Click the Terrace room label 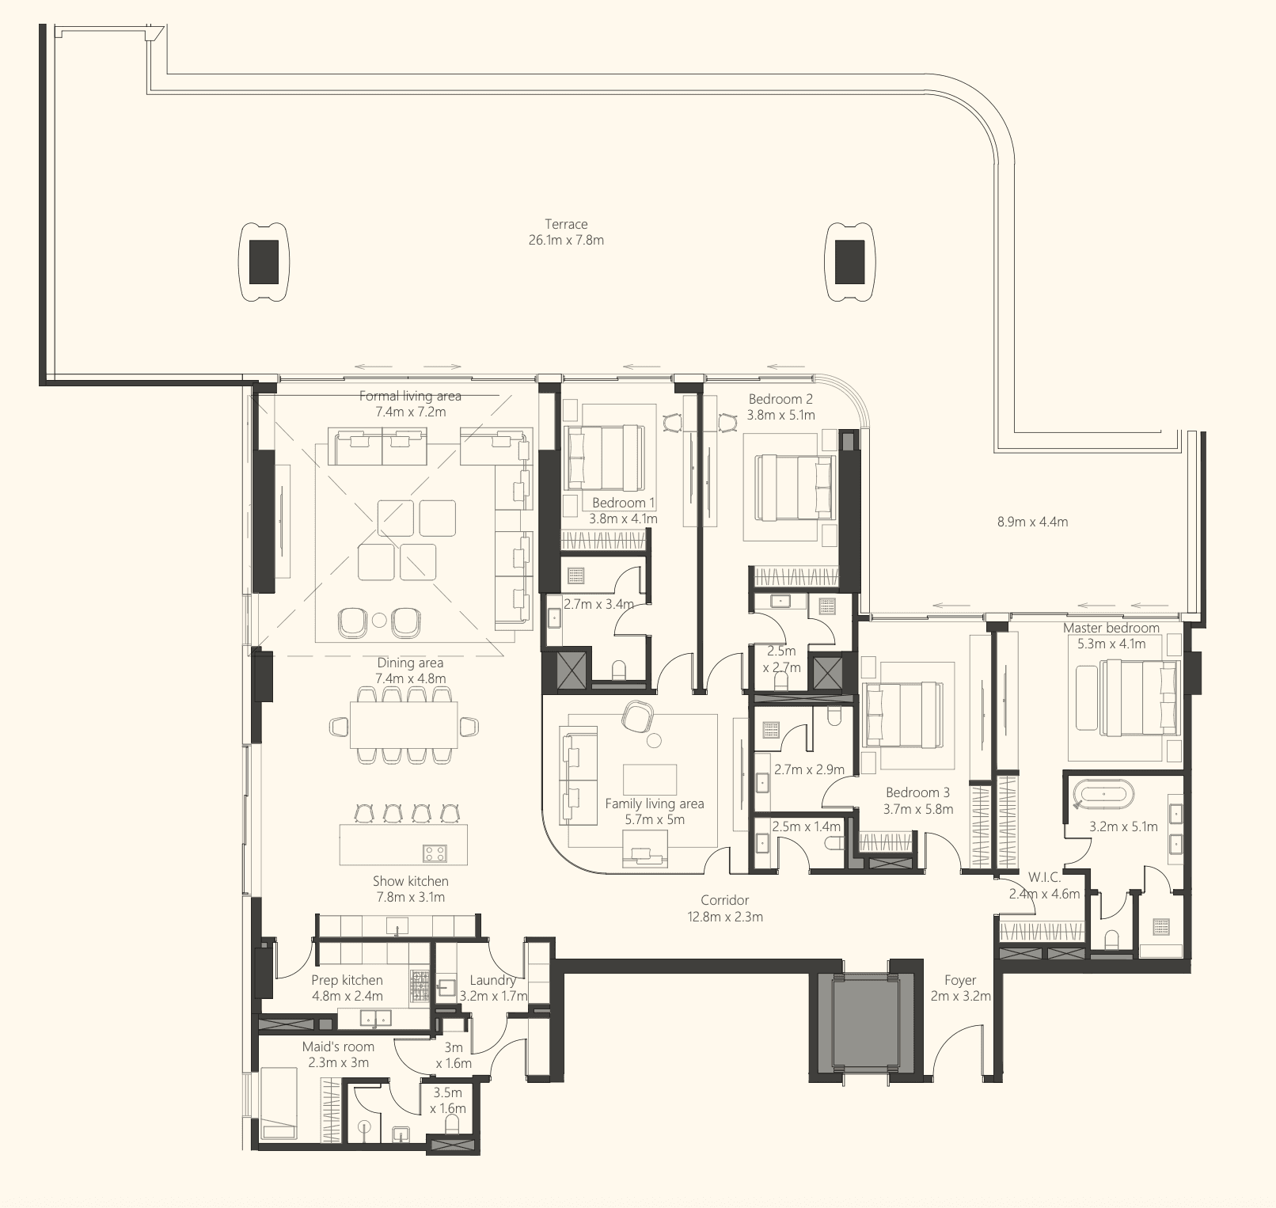[x=566, y=224]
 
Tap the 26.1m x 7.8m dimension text [x=566, y=240]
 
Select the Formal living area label [x=410, y=396]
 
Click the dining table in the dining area [x=404, y=725]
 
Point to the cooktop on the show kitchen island [x=434, y=853]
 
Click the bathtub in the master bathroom [x=1103, y=793]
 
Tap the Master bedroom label [x=1111, y=628]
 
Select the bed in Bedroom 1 [x=603, y=458]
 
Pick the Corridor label [x=724, y=900]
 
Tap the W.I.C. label [x=1044, y=878]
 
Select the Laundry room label [x=492, y=980]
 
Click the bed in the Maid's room [x=279, y=1103]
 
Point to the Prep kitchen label [x=347, y=980]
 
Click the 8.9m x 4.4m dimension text [x=1032, y=522]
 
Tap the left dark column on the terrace [x=264, y=262]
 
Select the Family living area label [x=655, y=803]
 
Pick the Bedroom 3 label [x=918, y=792]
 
